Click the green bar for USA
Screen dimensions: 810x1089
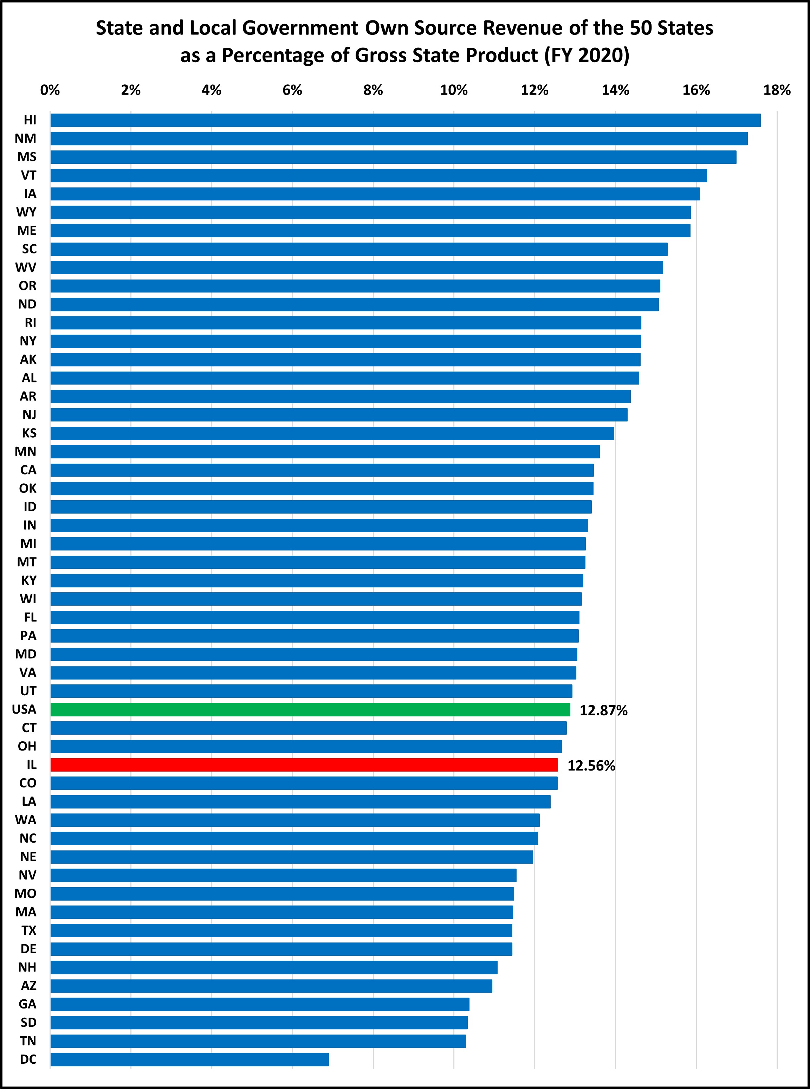(310, 709)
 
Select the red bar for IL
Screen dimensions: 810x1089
(304, 765)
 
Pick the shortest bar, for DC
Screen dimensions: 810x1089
(189, 1059)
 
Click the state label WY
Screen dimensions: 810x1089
(26, 212)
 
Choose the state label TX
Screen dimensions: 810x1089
(29, 930)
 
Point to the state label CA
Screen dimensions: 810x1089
(28, 470)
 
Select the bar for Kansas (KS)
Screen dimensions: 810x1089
(332, 433)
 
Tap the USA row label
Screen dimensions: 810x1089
(24, 709)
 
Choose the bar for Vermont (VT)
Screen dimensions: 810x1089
(378, 175)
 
